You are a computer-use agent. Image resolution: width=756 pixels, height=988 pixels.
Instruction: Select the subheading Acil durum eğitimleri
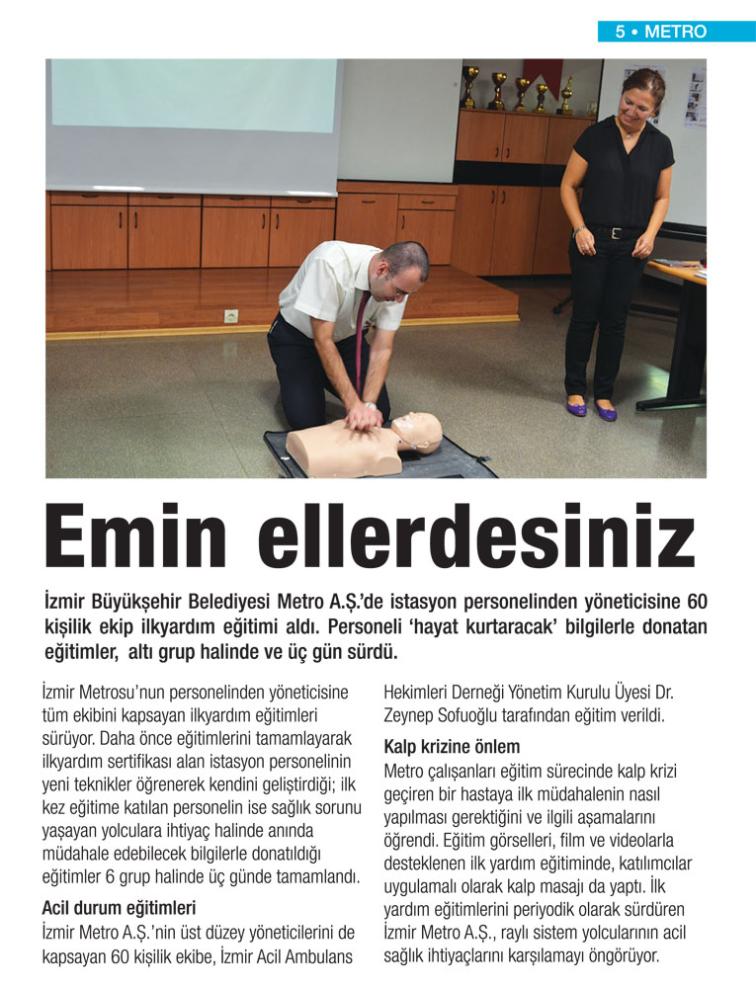119,905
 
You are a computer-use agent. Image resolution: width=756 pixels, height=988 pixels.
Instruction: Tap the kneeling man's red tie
361,336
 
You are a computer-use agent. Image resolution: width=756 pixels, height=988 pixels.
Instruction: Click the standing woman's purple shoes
591,407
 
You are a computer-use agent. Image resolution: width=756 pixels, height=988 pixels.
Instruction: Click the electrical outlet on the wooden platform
232,316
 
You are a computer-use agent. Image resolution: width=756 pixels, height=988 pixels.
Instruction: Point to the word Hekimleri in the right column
419,691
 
